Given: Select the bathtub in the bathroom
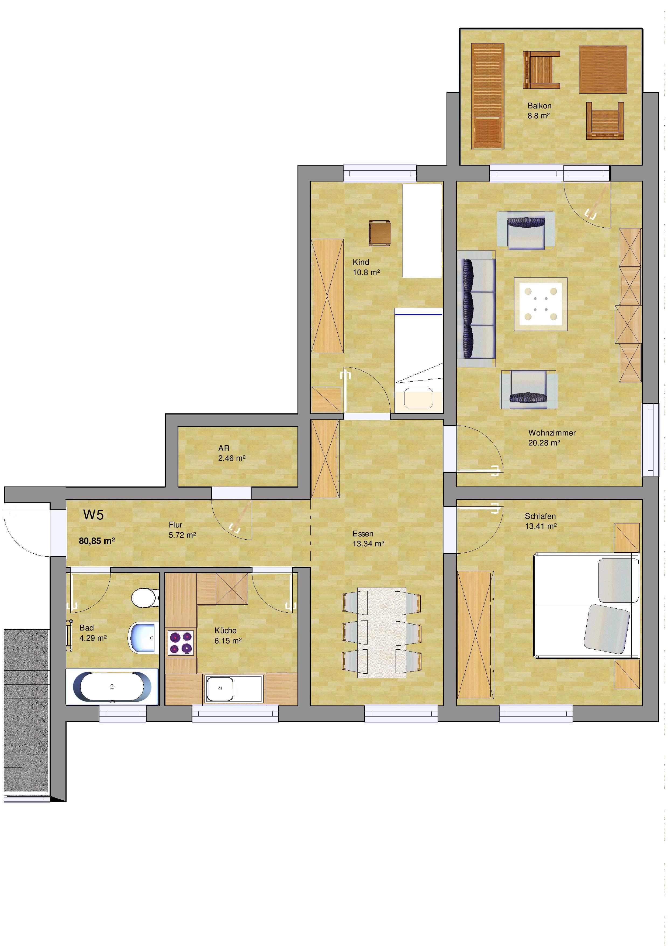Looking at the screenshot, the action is (112, 687).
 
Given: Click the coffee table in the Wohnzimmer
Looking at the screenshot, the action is (541, 304).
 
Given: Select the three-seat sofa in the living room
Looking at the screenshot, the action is (476, 308).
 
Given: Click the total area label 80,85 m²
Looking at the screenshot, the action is (97, 541).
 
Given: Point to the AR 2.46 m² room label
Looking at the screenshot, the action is (232, 453).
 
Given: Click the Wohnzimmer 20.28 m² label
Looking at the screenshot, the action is (552, 438).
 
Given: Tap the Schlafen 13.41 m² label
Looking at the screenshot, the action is (541, 521).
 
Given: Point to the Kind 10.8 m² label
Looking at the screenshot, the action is (366, 267).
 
